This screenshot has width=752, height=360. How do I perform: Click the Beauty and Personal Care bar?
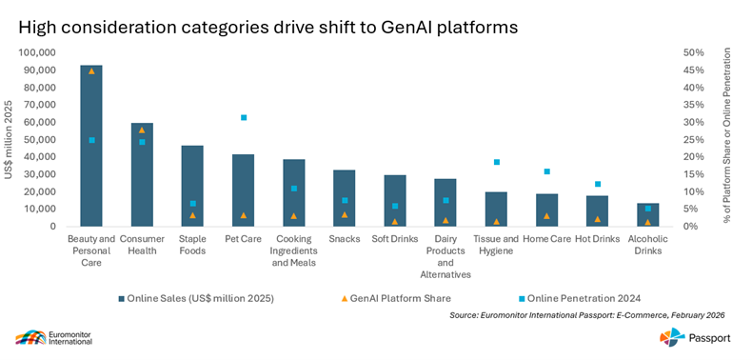coord(91,146)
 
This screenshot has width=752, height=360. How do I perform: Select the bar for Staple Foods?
coord(192,186)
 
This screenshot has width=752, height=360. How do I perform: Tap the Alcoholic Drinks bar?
coord(647,214)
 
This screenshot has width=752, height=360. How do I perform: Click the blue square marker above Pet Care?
coord(243,117)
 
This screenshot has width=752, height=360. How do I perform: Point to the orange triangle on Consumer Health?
coord(142,130)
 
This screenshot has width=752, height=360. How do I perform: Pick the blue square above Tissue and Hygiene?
coord(496,162)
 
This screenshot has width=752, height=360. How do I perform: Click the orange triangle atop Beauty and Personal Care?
coord(91,71)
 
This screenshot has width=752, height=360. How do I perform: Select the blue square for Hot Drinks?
coord(598,184)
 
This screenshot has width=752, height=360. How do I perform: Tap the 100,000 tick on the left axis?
coord(37,52)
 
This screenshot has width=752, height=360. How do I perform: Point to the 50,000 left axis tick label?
coord(39,140)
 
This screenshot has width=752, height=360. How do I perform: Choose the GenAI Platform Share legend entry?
coord(396,298)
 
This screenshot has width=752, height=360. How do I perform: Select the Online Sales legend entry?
coord(195,298)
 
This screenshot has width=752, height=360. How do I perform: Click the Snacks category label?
coord(345,239)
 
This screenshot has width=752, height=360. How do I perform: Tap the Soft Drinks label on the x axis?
coord(395,239)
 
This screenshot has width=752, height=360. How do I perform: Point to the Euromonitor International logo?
coord(53,337)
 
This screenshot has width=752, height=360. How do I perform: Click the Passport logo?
coord(695,338)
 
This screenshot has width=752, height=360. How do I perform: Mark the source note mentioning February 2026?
coord(587,315)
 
